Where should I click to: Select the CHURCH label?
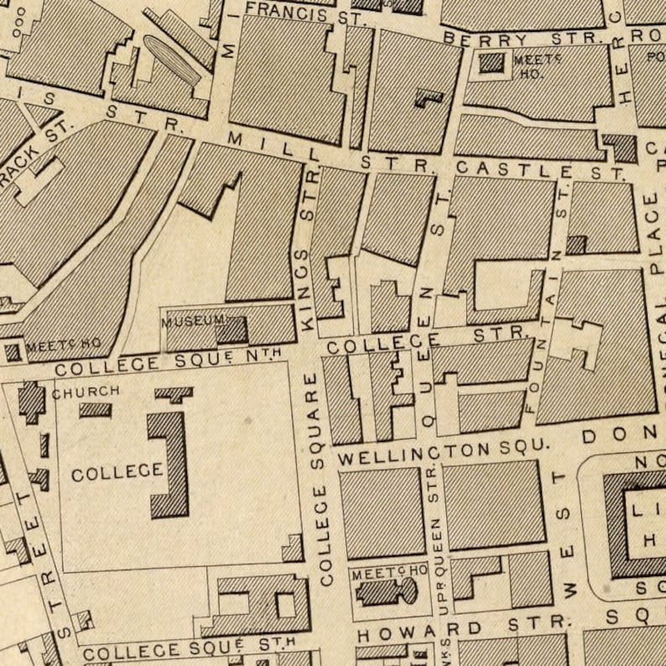pos(86,392)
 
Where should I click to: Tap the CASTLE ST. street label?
pos(541,171)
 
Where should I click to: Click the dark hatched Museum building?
pos(231,330)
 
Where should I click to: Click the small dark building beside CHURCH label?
pos(95,409)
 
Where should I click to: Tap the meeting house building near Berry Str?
pos(492,63)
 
